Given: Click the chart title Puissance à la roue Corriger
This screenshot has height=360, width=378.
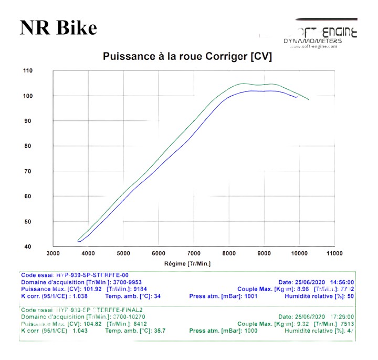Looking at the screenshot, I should (187, 56).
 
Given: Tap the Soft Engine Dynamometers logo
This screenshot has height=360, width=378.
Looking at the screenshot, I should (320, 37).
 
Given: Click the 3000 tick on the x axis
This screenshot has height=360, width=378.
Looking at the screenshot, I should (53, 253).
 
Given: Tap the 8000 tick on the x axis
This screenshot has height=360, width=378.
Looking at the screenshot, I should (229, 253).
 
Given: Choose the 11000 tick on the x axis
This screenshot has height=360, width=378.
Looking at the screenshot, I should (334, 253).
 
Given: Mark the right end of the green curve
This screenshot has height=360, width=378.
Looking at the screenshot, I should (309, 99).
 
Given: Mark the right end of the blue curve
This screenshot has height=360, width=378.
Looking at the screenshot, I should (298, 97).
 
